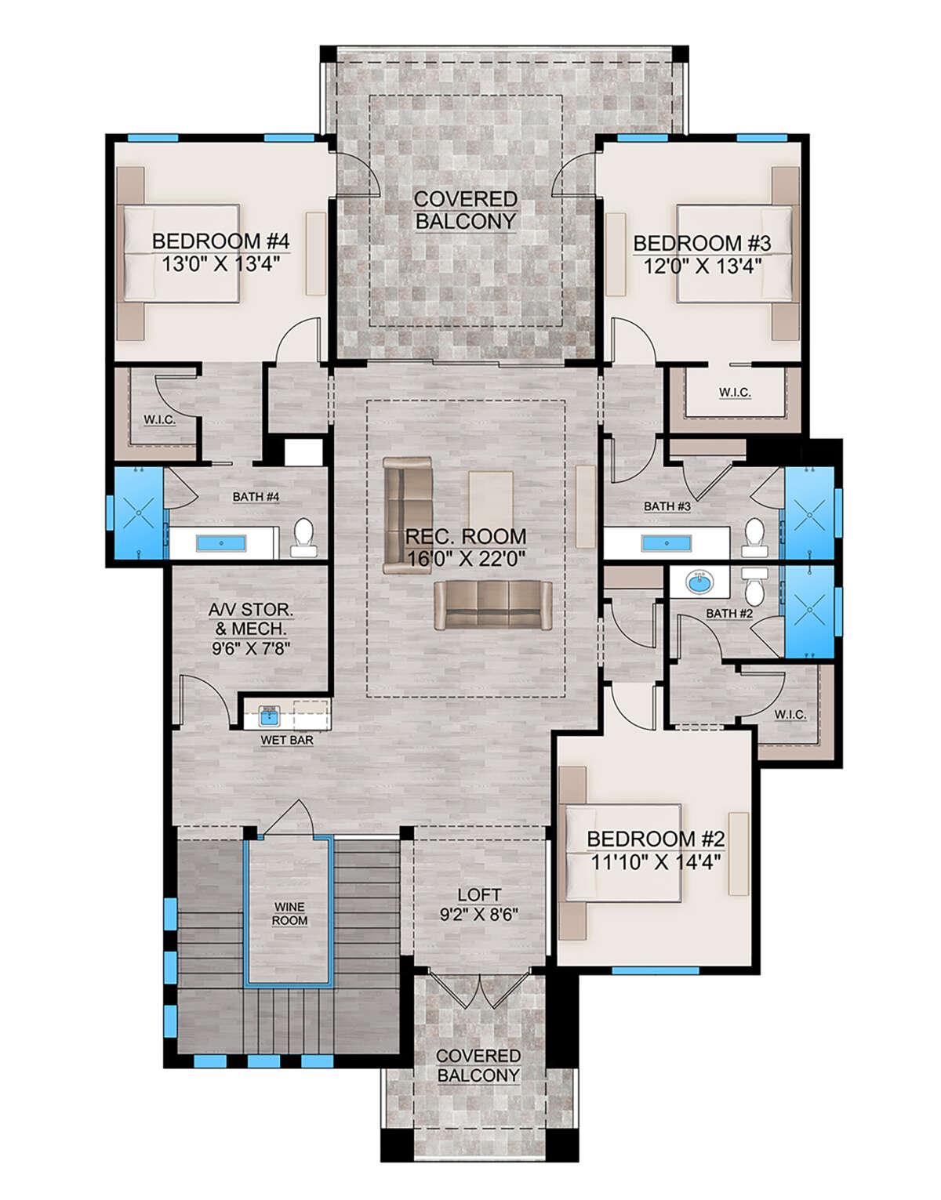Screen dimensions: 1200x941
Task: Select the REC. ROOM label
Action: (x=465, y=537)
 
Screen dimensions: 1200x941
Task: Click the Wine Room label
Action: (x=289, y=914)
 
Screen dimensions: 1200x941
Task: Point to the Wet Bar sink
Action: (x=270, y=715)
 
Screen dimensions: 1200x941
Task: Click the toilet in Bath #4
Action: (x=302, y=535)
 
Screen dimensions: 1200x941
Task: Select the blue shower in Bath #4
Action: (x=138, y=513)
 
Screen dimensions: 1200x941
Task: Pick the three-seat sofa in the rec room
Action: (x=492, y=605)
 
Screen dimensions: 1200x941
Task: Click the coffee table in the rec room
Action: (x=491, y=499)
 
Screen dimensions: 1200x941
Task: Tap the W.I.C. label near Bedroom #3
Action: (x=735, y=392)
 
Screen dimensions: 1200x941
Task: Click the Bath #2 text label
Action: (x=728, y=613)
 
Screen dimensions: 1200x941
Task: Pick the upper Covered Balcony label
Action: (x=465, y=210)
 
